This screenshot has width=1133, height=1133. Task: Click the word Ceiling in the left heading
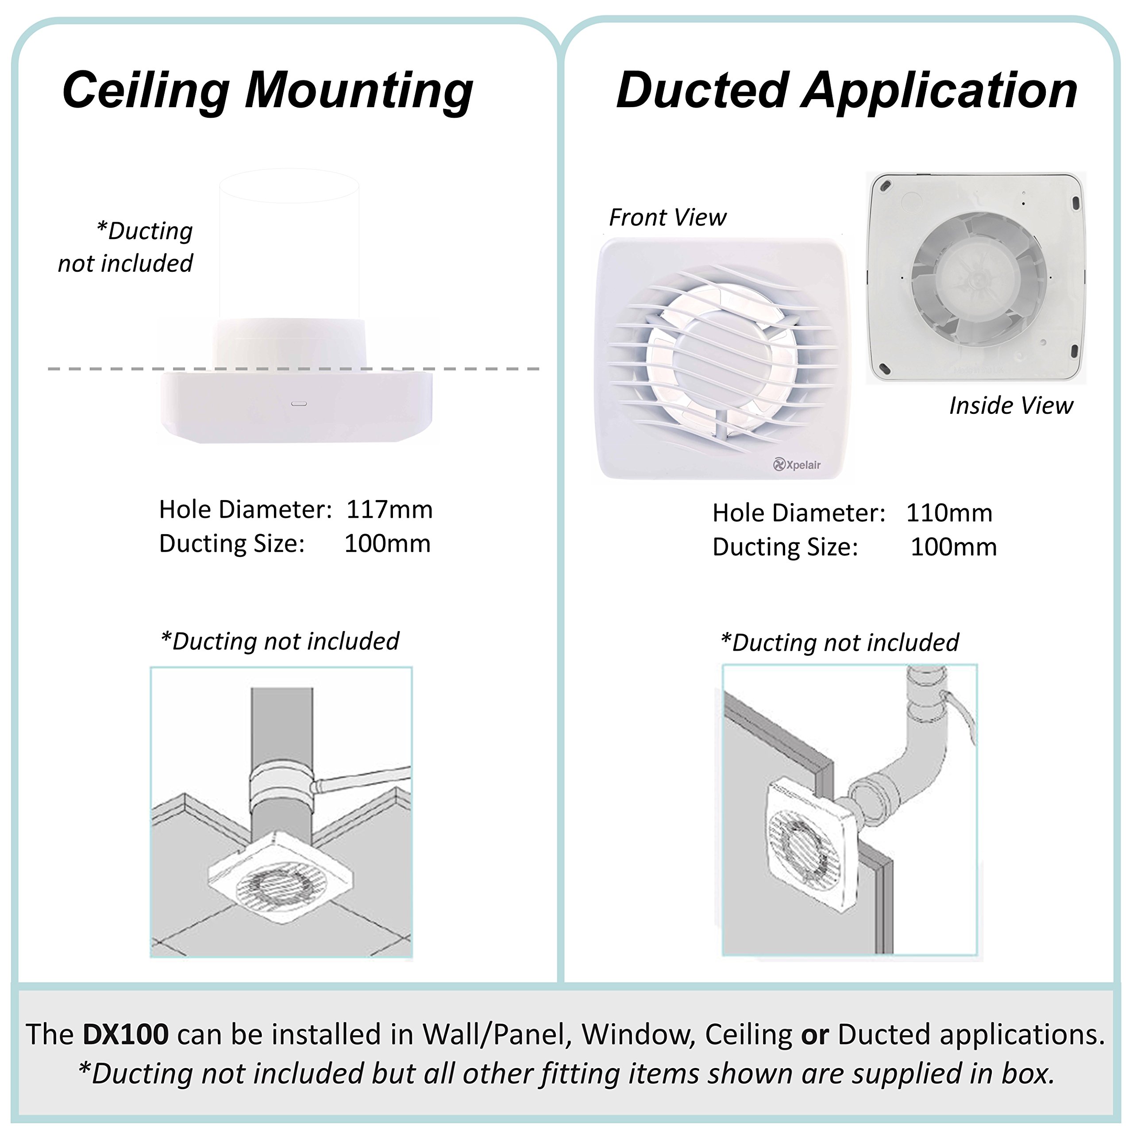tap(146, 91)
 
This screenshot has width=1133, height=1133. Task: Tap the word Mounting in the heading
tap(359, 91)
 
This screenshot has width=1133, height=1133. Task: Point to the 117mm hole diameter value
tap(389, 509)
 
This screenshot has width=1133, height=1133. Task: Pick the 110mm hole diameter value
tap(949, 513)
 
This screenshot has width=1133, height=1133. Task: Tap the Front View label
tap(667, 218)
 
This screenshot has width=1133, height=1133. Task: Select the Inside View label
tap(1011, 406)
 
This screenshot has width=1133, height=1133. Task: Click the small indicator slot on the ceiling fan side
tap(299, 404)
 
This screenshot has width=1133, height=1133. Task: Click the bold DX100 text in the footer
tap(126, 1034)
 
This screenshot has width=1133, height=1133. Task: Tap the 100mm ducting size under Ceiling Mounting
tap(387, 543)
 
